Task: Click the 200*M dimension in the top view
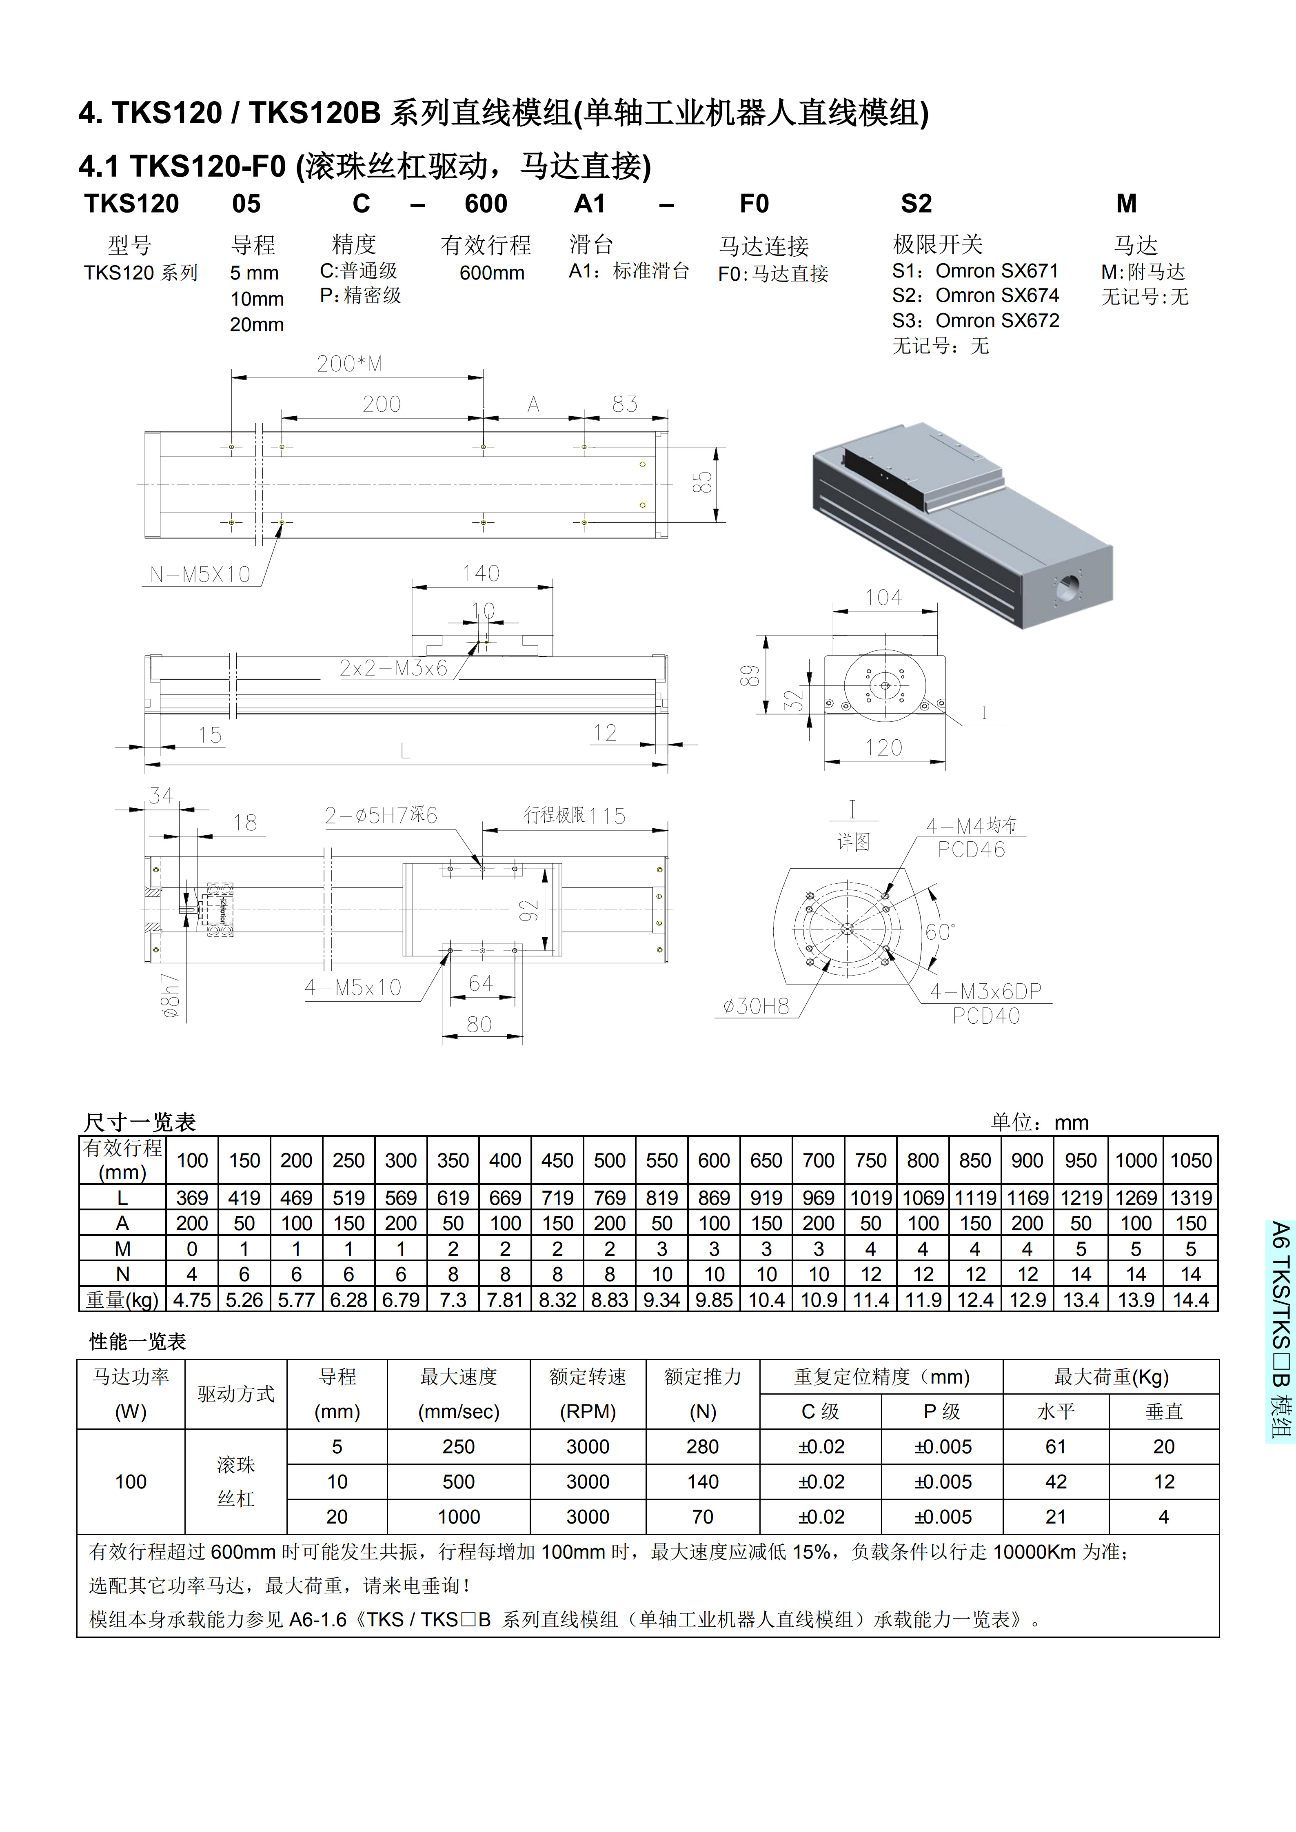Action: click(349, 364)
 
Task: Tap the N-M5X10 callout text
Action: click(200, 574)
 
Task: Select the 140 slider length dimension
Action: click(481, 574)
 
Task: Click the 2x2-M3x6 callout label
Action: click(393, 669)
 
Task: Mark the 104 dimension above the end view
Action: click(883, 598)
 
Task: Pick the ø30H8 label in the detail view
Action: click(756, 1006)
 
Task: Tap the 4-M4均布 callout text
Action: click(971, 826)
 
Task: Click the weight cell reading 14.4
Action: click(1190, 1300)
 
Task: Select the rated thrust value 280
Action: click(702, 1446)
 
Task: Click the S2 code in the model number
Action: click(916, 204)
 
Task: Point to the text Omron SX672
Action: click(998, 321)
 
